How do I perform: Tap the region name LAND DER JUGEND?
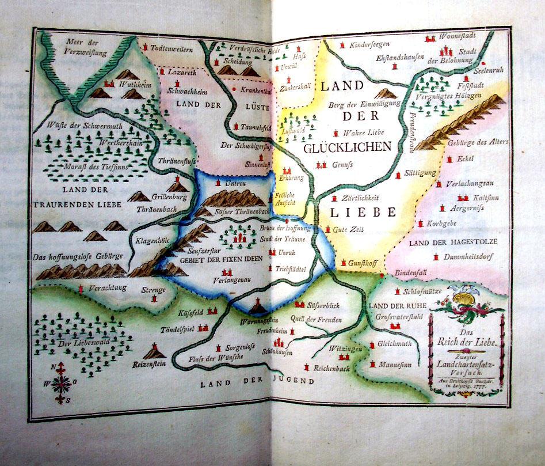click(257, 381)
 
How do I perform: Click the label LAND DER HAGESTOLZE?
click(453, 241)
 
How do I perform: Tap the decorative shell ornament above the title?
click(465, 300)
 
